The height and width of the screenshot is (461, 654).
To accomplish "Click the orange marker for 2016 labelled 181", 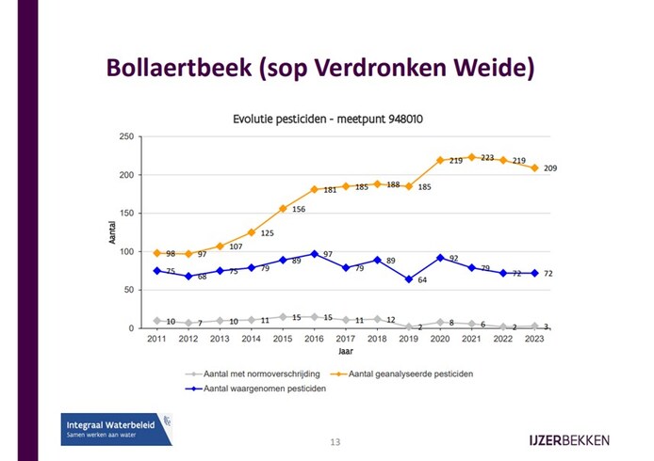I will click(315, 189).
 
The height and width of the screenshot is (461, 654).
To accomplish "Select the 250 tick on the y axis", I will click(124, 136).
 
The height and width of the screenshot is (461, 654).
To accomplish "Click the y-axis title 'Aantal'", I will click(112, 231).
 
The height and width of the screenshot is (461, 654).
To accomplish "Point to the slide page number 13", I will click(335, 441).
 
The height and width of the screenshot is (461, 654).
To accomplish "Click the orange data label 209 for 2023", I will click(550, 168).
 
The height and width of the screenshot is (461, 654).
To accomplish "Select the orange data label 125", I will click(268, 233).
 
